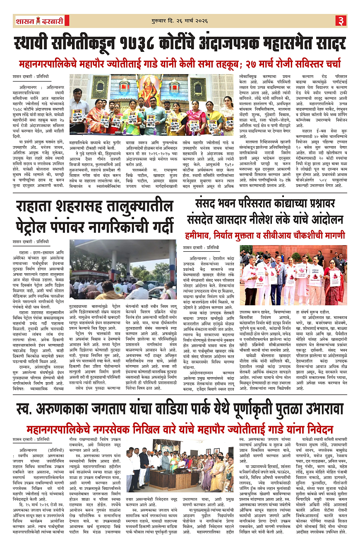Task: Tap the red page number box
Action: pyautogui.click(x=341, y=20)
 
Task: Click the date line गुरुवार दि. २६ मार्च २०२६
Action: pyautogui.click(x=179, y=20)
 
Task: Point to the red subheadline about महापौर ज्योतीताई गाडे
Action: pyautogui.click(x=180, y=64)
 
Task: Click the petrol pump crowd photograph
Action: pyautogui.click(x=122, y=269)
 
